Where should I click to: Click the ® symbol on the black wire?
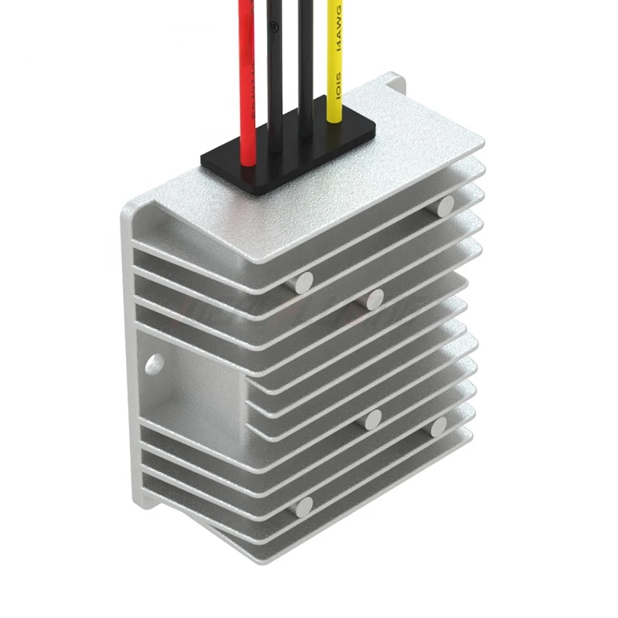(x=272, y=25)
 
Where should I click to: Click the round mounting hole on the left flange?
(x=154, y=362)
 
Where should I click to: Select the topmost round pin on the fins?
(x=445, y=205)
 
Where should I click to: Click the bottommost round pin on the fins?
(x=304, y=507)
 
